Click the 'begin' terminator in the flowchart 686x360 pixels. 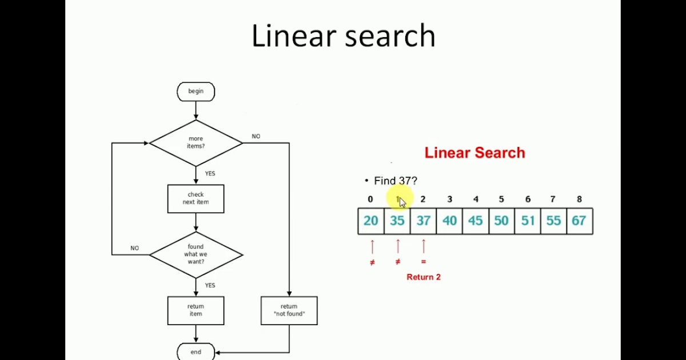[196, 91]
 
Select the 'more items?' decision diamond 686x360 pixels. [196, 142]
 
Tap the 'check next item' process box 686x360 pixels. [196, 198]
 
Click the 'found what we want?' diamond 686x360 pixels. [196, 254]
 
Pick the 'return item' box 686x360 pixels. [196, 310]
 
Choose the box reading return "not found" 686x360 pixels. [289, 310]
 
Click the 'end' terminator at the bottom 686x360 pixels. [196, 352]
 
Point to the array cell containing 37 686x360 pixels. [423, 221]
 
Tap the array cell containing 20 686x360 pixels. [371, 221]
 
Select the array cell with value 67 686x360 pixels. [579, 221]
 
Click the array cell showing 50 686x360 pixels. [501, 221]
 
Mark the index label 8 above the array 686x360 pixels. [579, 199]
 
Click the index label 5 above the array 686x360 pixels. [501, 199]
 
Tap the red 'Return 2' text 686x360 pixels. [424, 277]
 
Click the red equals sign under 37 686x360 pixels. [424, 262]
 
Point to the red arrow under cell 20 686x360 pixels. [372, 246]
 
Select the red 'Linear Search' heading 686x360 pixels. [474, 153]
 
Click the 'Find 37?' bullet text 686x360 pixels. [395, 181]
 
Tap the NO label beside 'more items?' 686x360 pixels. [256, 137]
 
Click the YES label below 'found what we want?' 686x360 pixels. [210, 285]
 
